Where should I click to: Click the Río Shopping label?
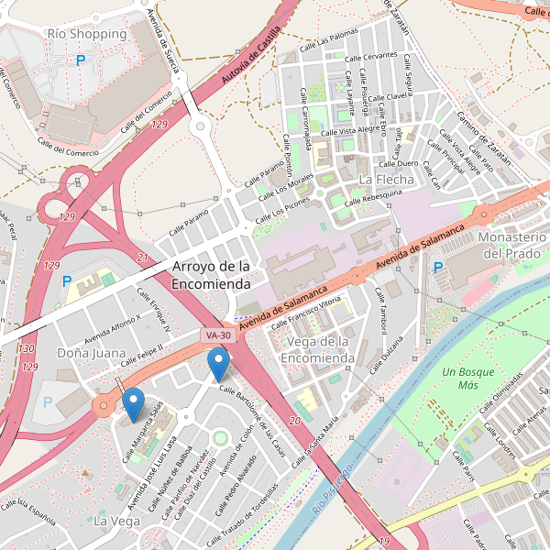pyautogui.click(x=86, y=34)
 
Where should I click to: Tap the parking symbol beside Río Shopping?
pyautogui.click(x=81, y=60)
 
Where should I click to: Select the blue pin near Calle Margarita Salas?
pyautogui.click(x=133, y=404)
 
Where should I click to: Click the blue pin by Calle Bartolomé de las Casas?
pyautogui.click(x=218, y=363)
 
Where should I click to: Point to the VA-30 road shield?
pyautogui.click(x=217, y=336)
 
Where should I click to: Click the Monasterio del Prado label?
pyautogui.click(x=513, y=245)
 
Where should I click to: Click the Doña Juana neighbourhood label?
pyautogui.click(x=91, y=352)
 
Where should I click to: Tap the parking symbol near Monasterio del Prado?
pyautogui.click(x=438, y=268)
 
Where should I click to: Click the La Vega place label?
pyautogui.click(x=116, y=522)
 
